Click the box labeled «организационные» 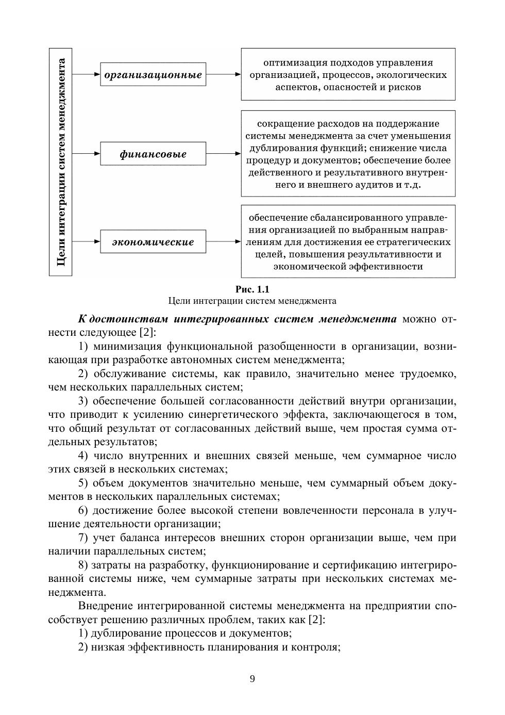[153, 75]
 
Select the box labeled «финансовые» [153, 154]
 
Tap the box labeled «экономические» [153, 242]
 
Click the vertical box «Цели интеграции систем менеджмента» [61, 162]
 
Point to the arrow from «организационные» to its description [223, 74]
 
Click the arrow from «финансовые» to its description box [223, 154]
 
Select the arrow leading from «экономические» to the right [223, 241]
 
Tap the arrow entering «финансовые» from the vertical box [86, 154]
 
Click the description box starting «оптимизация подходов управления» [348, 74]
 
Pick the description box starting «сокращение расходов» [348, 154]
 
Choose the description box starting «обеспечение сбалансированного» [348, 241]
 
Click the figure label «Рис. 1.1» [252, 289]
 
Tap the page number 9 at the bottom [252, 679]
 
